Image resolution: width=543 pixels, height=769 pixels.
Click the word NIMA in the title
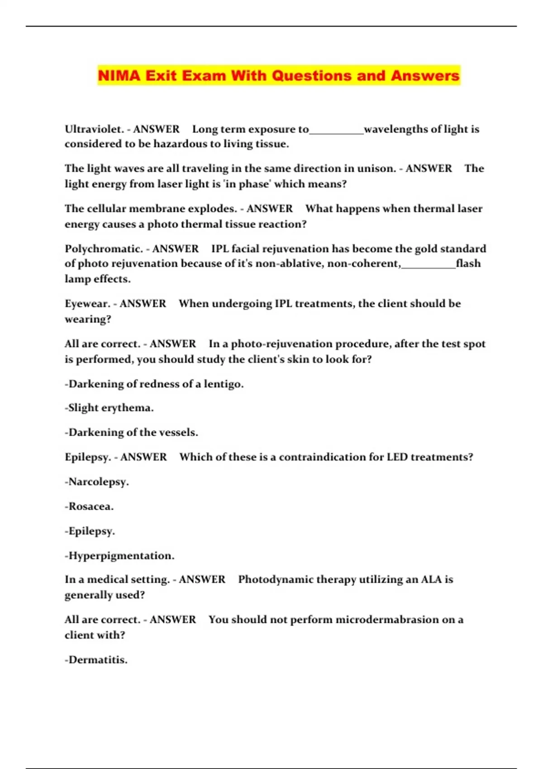(x=119, y=76)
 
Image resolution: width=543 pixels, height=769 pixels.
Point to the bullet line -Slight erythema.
(x=109, y=408)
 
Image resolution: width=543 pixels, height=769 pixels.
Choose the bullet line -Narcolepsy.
(x=97, y=482)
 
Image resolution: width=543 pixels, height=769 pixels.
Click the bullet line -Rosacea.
(x=89, y=507)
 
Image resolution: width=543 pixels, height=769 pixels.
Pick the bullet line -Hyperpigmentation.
(x=119, y=556)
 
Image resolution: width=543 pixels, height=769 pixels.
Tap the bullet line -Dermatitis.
(x=96, y=660)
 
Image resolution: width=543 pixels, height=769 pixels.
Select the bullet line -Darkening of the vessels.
(x=131, y=432)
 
